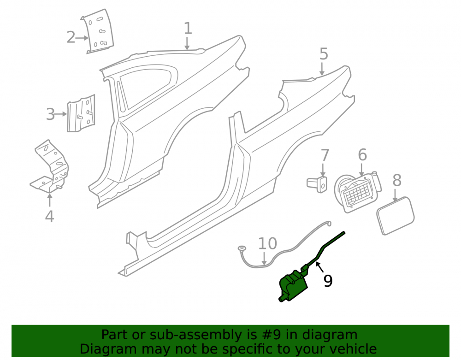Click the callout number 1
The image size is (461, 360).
point(188,29)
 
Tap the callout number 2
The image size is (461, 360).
point(71,38)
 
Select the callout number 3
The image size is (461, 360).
point(50,114)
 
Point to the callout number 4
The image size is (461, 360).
point(49,216)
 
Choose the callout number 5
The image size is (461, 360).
point(324,54)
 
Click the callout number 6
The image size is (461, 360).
point(362,155)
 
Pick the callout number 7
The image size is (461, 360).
point(324,155)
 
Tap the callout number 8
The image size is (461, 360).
point(397,180)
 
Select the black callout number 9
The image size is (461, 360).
point(328,281)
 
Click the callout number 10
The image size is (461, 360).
point(267,243)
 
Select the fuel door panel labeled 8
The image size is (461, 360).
point(396,216)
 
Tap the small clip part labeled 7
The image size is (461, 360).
point(317,184)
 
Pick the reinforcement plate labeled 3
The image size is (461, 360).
point(81,113)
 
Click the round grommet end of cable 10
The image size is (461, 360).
point(242,249)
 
